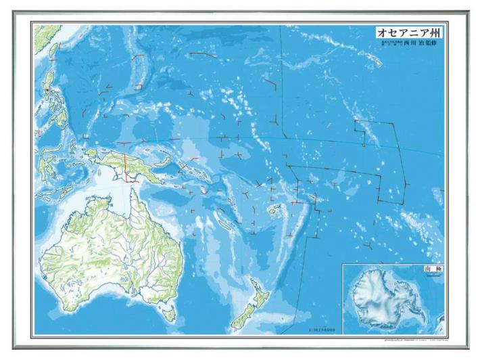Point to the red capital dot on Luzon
(48, 90)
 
